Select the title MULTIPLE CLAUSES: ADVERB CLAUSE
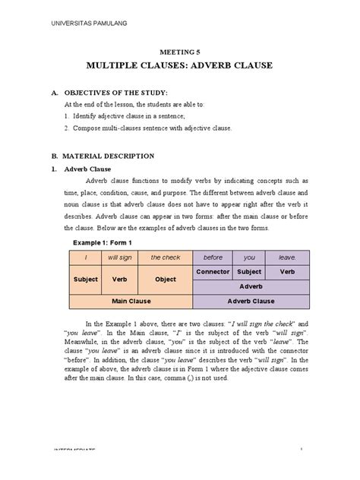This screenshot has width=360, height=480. pyautogui.click(x=179, y=67)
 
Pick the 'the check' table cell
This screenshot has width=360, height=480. pyautogui.click(x=166, y=257)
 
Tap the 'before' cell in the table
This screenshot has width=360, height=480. pyautogui.click(x=213, y=257)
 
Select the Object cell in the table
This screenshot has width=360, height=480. pyautogui.click(x=166, y=279)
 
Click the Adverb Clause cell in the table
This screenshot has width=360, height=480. pyautogui.click(x=251, y=301)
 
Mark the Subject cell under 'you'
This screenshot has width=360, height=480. pyautogui.click(x=249, y=271)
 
